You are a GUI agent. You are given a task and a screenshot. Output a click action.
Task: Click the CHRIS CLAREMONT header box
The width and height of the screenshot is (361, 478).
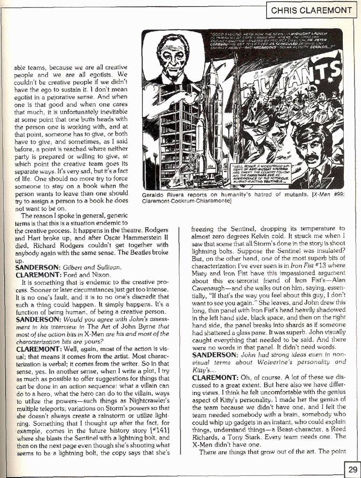click(x=312, y=10)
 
